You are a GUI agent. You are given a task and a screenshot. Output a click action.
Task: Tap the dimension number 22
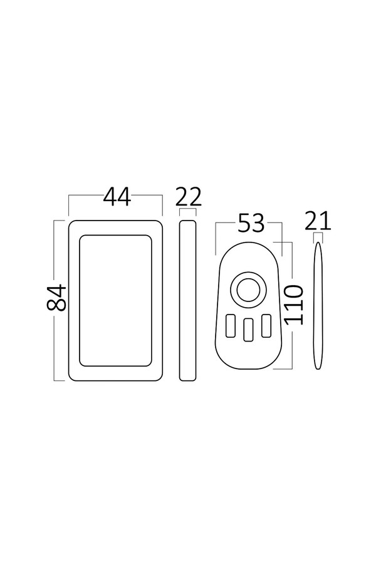click(189, 197)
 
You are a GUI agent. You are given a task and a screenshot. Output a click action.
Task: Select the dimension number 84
click(57, 298)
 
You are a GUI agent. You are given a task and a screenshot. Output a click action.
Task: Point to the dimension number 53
click(251, 223)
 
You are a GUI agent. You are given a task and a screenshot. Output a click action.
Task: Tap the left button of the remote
click(231, 325)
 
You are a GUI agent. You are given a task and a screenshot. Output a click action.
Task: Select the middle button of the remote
click(248, 330)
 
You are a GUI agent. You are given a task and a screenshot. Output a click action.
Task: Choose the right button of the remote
click(266, 325)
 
